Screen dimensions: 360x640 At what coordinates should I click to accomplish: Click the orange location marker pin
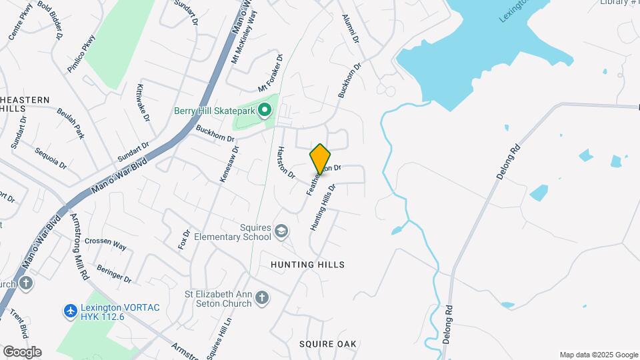[x=320, y=159]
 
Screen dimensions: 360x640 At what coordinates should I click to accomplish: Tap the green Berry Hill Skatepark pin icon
[x=265, y=110]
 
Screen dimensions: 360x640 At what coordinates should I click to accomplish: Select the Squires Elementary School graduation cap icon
[x=281, y=231]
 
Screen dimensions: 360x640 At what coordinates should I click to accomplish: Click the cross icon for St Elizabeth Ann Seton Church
[x=263, y=297]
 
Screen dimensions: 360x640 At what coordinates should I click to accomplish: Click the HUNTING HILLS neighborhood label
[x=307, y=265]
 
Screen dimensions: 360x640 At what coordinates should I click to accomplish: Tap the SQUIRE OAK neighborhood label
[x=327, y=344]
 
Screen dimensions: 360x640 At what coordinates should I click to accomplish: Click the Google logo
[x=22, y=351]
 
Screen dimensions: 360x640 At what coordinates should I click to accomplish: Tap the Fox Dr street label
[x=186, y=238]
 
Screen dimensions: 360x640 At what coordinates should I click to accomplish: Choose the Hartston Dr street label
[x=285, y=162]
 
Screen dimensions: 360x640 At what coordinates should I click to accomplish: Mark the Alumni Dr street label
[x=351, y=29]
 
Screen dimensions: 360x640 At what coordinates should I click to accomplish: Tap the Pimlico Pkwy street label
[x=81, y=53]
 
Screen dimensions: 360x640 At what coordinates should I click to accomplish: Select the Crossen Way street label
[x=105, y=245]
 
